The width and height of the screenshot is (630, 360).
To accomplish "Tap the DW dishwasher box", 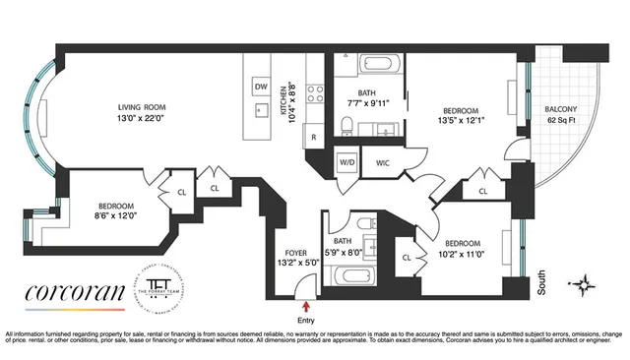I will click(x=261, y=88).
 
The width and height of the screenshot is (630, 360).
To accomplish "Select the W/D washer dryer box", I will click(x=346, y=163).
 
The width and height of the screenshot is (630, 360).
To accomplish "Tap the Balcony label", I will click(x=562, y=109).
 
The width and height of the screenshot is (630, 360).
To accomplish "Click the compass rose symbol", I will click(x=582, y=286).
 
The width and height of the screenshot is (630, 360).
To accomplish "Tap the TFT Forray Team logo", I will click(x=154, y=293).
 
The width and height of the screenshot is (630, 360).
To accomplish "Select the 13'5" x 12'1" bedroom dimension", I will click(x=460, y=122).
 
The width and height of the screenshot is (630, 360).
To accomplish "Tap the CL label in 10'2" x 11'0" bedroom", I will click(x=407, y=257).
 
